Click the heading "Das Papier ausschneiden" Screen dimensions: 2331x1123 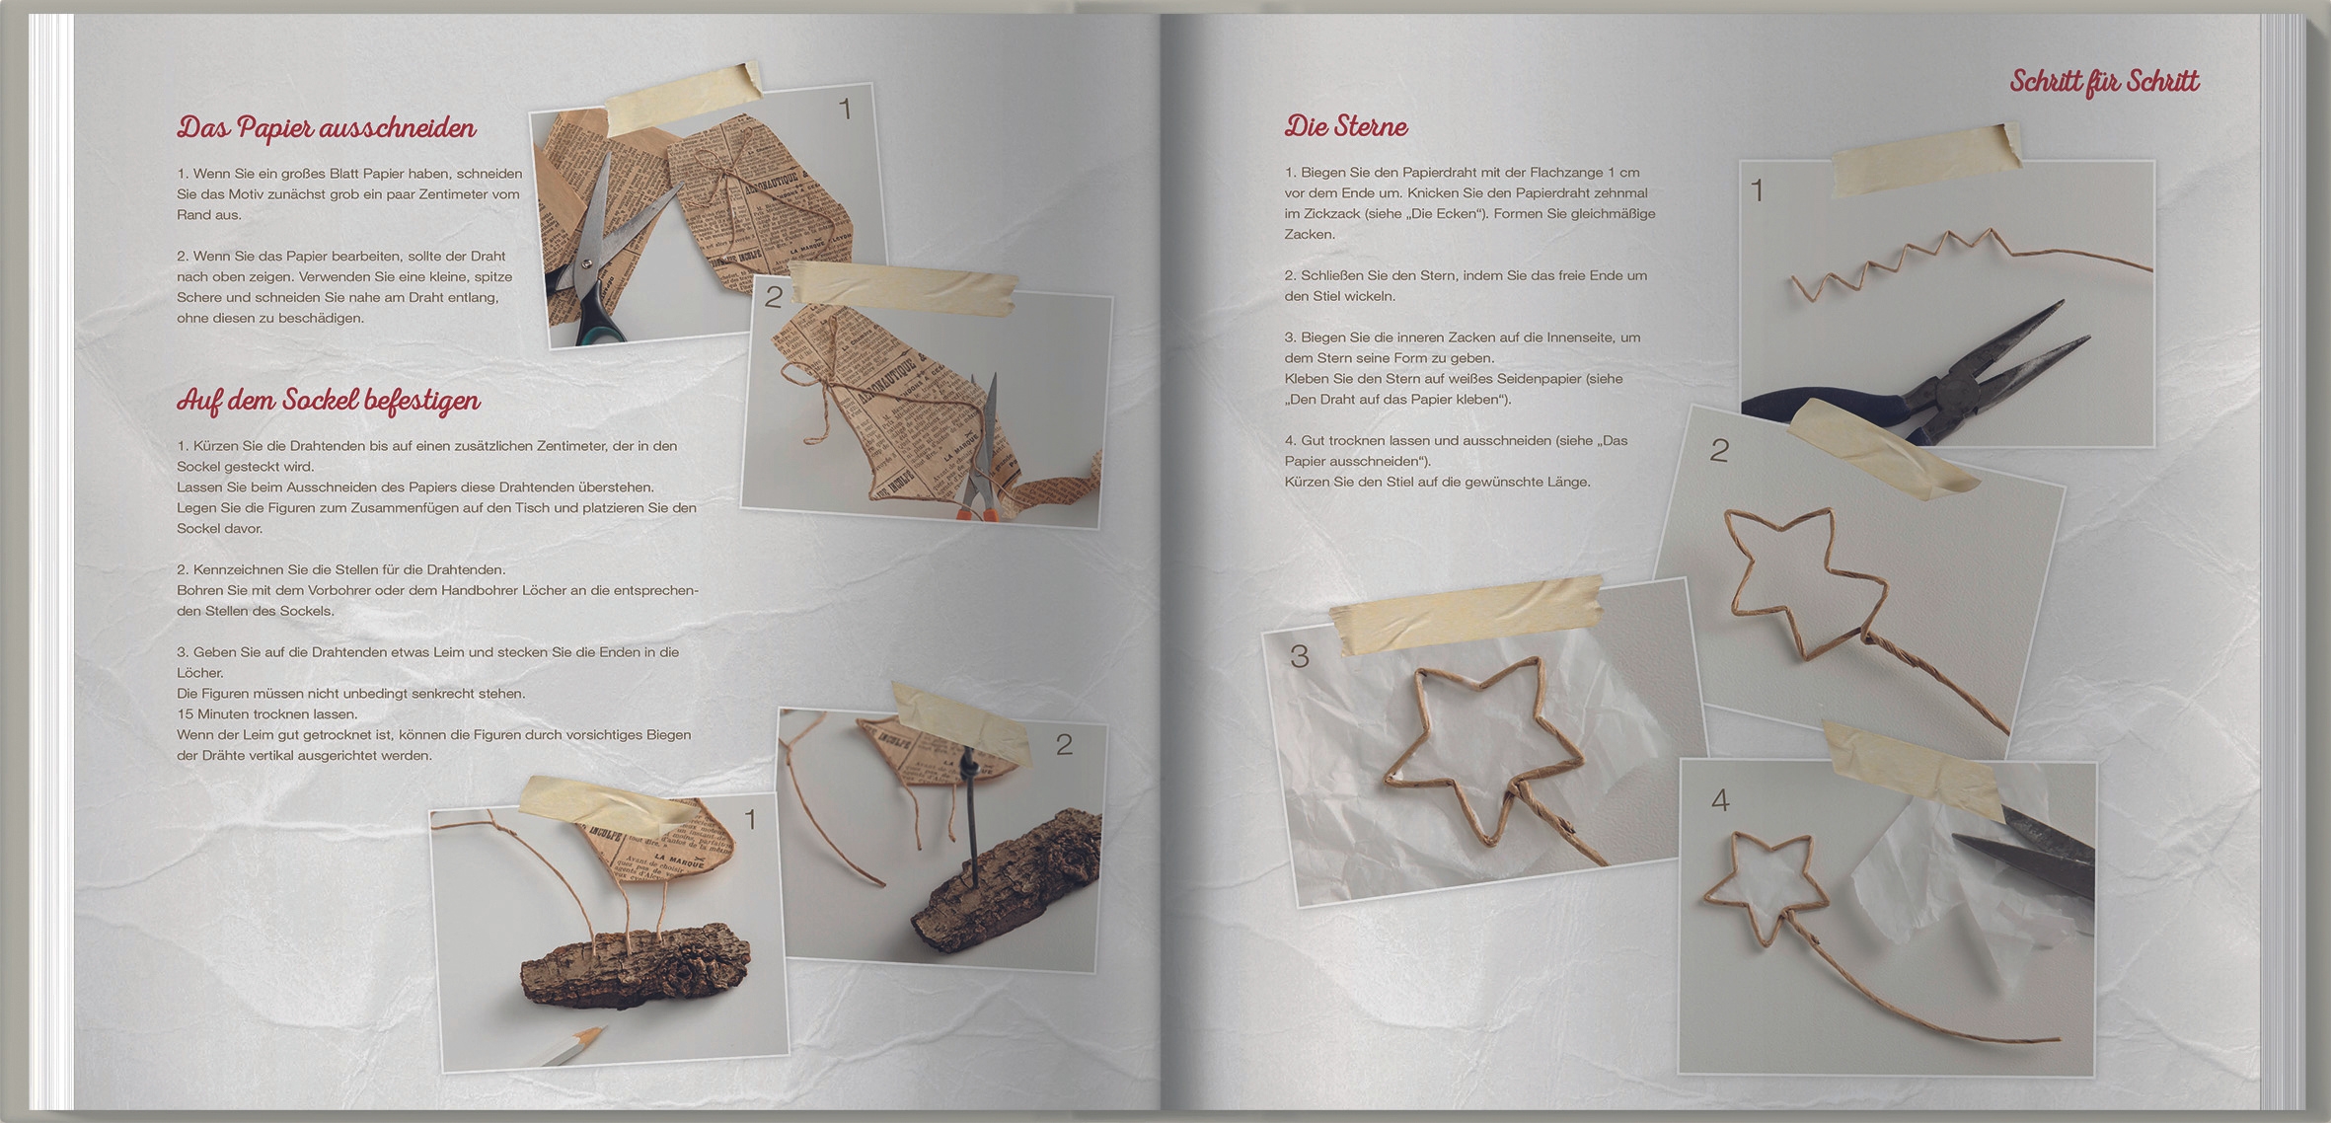[327, 128]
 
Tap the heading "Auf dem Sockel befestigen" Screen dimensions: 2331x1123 [329, 400]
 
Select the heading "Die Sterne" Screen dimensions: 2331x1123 [1346, 126]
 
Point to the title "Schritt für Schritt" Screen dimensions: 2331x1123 [2105, 82]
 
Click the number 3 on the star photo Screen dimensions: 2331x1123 [1300, 656]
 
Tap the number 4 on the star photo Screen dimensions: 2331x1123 [1720, 800]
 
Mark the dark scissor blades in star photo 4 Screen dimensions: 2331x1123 [2023, 849]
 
